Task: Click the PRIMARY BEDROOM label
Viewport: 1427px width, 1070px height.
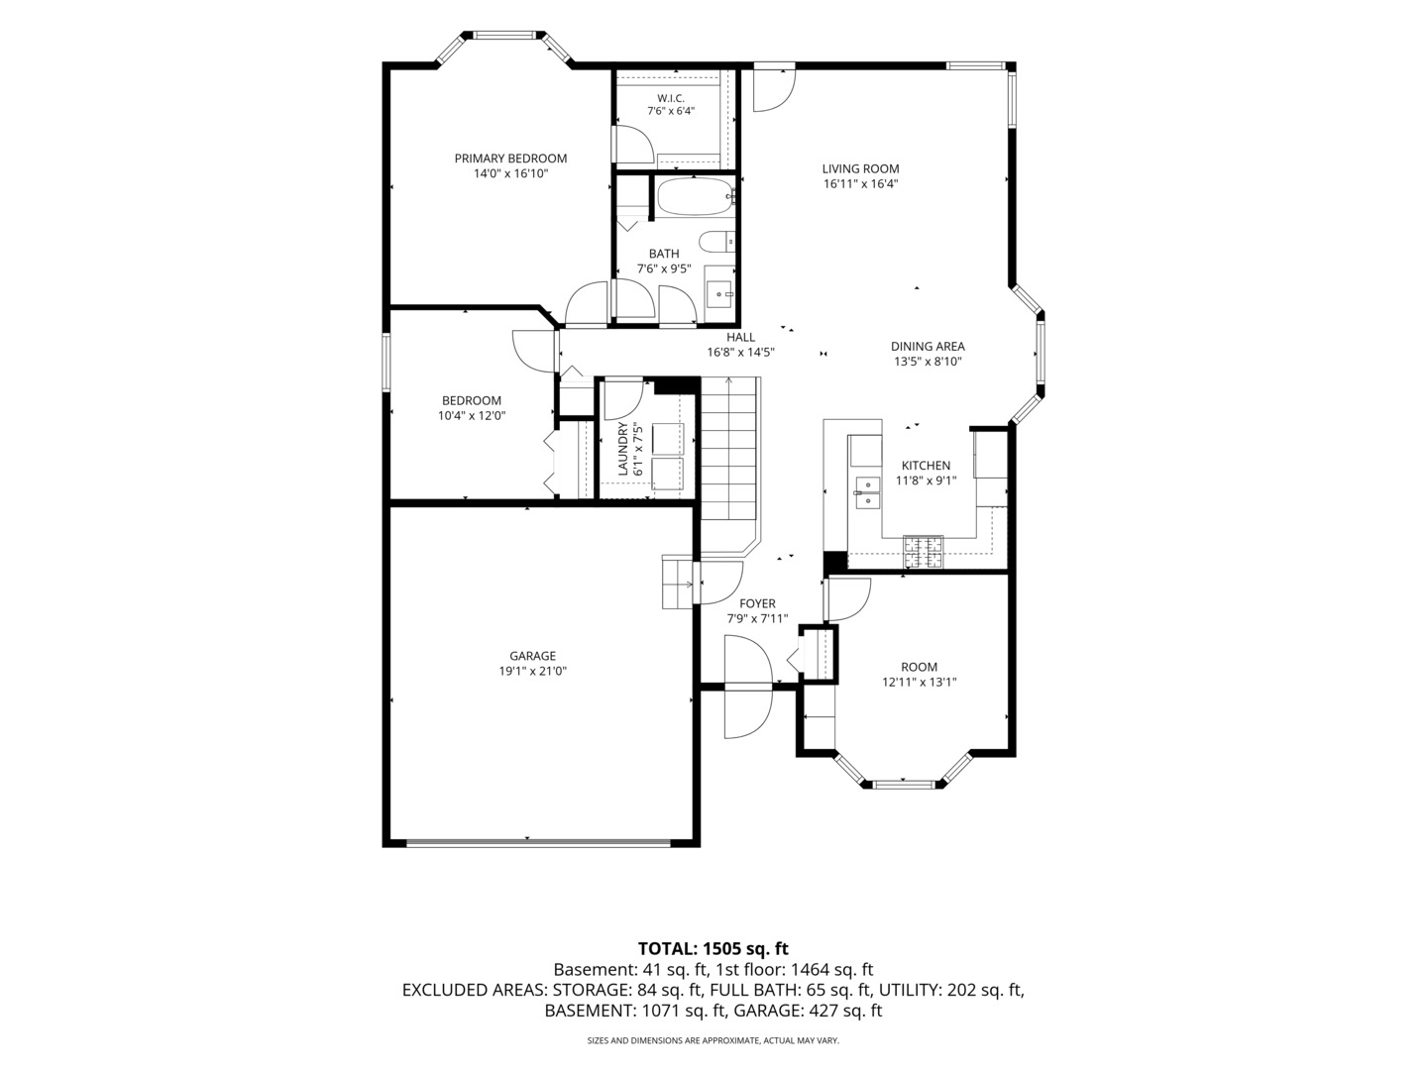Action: tap(510, 159)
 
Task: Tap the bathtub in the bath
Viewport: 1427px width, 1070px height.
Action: tap(696, 196)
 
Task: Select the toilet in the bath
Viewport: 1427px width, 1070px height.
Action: tap(717, 242)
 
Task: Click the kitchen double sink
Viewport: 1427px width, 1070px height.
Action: tap(866, 492)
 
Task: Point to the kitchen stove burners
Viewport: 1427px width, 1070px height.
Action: tap(924, 552)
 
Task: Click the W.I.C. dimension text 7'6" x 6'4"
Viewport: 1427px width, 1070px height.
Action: tap(670, 111)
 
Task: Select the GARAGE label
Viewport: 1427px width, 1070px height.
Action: tap(532, 656)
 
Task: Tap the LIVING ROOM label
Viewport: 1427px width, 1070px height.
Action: tap(861, 168)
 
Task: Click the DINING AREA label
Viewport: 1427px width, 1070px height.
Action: tap(928, 347)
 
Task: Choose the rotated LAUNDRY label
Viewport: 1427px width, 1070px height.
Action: tap(622, 449)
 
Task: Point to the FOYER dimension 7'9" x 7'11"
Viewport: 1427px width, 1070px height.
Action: tap(757, 618)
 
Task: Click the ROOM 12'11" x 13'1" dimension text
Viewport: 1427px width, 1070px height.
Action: tap(920, 683)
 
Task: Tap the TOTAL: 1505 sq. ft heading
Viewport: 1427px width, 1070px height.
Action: tap(713, 948)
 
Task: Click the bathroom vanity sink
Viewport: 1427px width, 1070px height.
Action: tap(719, 294)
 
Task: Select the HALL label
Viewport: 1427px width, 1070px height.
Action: tap(740, 337)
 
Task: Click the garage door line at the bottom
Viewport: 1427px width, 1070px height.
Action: tap(538, 843)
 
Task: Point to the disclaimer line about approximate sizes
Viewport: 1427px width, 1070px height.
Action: tap(713, 1040)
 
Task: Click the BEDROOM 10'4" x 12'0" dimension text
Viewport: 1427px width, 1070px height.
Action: tap(472, 416)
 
